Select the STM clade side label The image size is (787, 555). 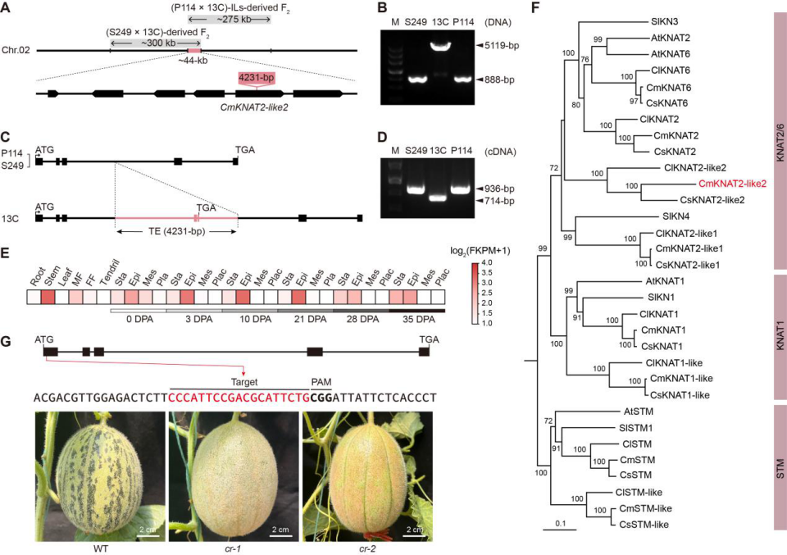[778, 464]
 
